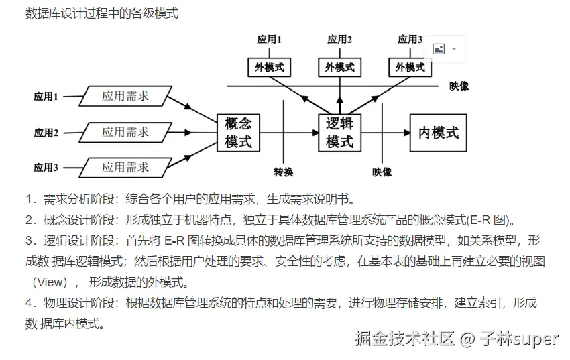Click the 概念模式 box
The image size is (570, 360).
pyautogui.click(x=238, y=132)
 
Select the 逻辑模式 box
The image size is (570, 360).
pyautogui.click(x=339, y=132)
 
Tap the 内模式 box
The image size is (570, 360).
pyautogui.click(x=439, y=132)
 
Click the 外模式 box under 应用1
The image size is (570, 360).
pyautogui.click(x=269, y=67)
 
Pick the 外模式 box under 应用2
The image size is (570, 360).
pyautogui.click(x=339, y=67)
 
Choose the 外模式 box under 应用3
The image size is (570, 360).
pyautogui.click(x=410, y=67)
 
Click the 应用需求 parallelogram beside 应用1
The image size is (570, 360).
pyautogui.click(x=125, y=96)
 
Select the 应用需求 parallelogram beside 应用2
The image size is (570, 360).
pyautogui.click(x=125, y=132)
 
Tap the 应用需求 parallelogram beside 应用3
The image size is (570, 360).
pyautogui.click(x=125, y=167)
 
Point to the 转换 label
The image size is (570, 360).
pyautogui.click(x=284, y=172)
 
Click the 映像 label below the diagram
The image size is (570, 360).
pyautogui.click(x=382, y=172)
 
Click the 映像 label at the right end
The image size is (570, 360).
pyautogui.click(x=459, y=86)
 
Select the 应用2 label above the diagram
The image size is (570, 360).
pyautogui.click(x=339, y=40)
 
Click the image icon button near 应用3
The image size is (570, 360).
pyautogui.click(x=439, y=49)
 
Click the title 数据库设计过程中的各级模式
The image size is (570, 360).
pyautogui.click(x=101, y=13)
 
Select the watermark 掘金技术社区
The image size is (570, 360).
pyautogui.click(x=405, y=339)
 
